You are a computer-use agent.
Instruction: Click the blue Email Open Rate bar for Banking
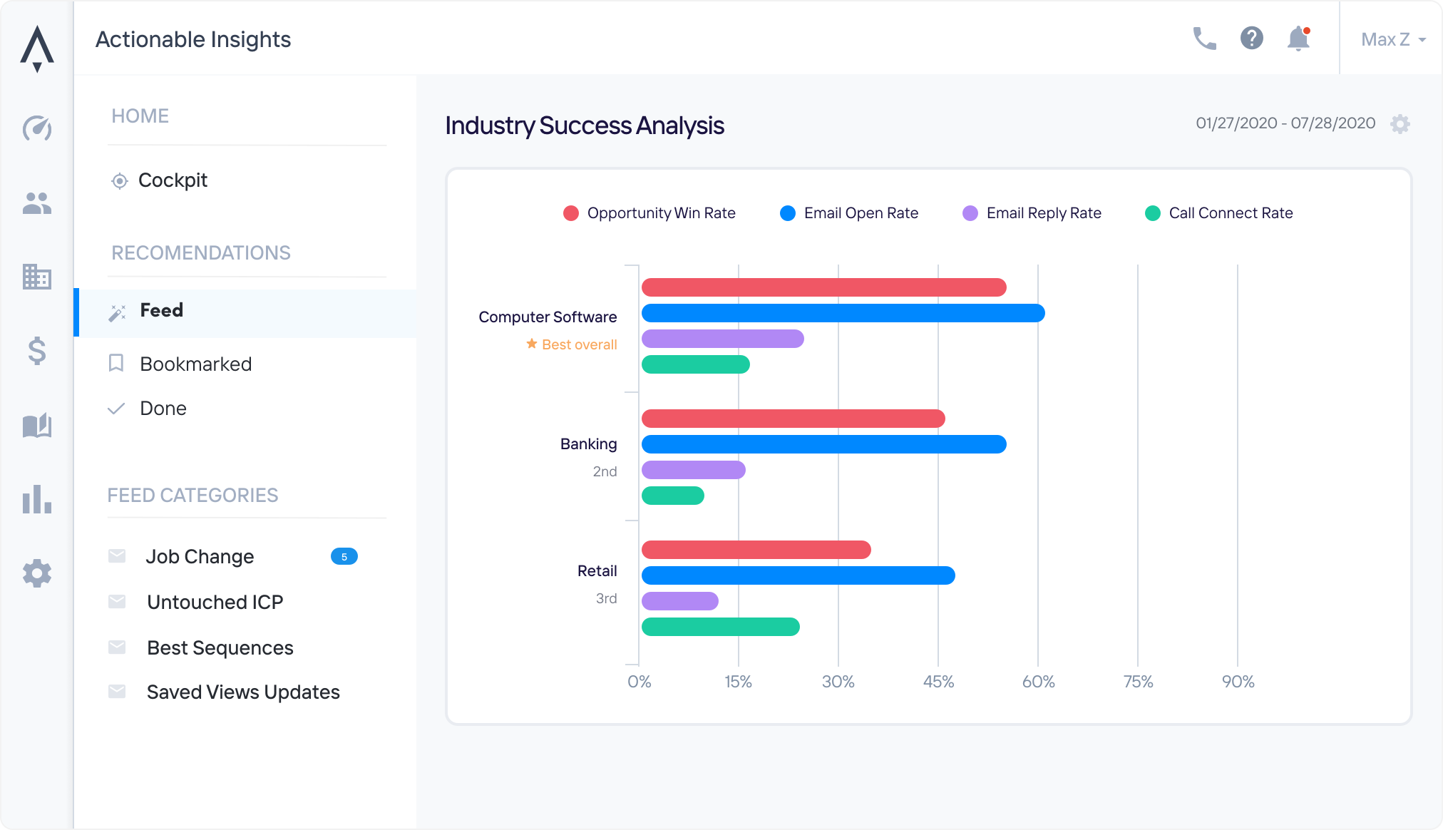point(823,444)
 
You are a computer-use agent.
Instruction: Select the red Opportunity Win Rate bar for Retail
point(756,550)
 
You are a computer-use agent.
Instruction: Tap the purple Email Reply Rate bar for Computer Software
point(722,339)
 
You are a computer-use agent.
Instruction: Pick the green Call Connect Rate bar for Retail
point(720,627)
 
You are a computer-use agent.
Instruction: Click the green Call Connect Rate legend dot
point(1152,213)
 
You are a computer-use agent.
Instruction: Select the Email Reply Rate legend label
point(1044,213)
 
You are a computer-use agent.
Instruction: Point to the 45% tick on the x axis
point(938,682)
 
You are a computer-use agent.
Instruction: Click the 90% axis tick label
point(1238,682)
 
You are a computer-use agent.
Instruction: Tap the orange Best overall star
point(532,344)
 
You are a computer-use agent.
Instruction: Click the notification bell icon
point(1298,39)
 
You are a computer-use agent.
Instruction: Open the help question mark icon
point(1251,39)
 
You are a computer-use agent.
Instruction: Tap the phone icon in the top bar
point(1204,39)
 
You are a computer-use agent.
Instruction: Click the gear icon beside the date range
point(1400,124)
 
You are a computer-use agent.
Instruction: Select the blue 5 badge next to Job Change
point(344,557)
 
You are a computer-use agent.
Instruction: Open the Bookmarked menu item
point(195,364)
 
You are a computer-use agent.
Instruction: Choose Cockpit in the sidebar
point(173,180)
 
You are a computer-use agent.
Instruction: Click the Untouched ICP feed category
point(215,603)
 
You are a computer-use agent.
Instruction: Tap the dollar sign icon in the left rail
point(37,351)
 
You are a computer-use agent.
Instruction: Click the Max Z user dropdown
point(1392,39)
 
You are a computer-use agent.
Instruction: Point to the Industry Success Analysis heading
point(585,125)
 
